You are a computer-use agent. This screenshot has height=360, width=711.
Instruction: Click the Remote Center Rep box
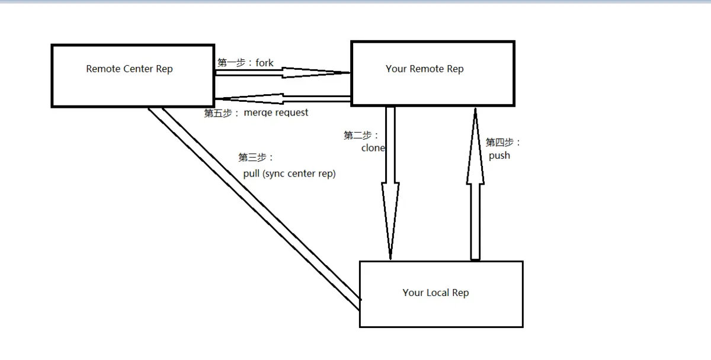coord(132,76)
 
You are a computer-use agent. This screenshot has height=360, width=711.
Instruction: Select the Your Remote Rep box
coord(433,73)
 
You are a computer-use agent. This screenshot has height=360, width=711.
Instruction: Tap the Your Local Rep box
coord(441,294)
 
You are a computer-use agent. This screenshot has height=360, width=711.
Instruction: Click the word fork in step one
coord(264,62)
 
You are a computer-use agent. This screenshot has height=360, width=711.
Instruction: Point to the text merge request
coord(276,112)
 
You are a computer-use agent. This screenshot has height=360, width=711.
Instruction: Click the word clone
coord(373,148)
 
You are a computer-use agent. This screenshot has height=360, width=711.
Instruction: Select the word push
coord(499,156)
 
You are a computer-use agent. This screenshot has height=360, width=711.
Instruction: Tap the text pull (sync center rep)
coord(289,174)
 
